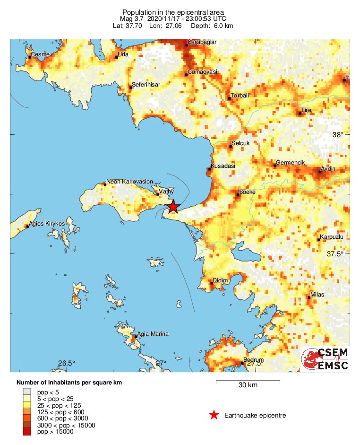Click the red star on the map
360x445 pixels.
[x=173, y=207]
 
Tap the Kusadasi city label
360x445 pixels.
[x=223, y=166]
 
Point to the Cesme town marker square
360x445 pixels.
[x=30, y=58]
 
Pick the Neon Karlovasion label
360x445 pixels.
[x=129, y=181]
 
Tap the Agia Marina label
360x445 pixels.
[x=153, y=334]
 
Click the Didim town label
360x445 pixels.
[x=221, y=280]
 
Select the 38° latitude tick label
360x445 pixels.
[x=338, y=134]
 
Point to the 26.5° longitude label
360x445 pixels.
[x=67, y=363]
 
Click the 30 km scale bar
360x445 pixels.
[x=248, y=381]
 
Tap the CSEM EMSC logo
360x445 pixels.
[x=325, y=359]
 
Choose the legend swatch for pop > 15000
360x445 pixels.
[x=27, y=431]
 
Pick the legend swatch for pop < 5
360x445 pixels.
[x=27, y=392]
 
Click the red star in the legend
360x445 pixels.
[x=214, y=415]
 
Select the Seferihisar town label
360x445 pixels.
[x=146, y=84]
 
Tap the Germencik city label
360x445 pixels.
[x=291, y=162]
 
